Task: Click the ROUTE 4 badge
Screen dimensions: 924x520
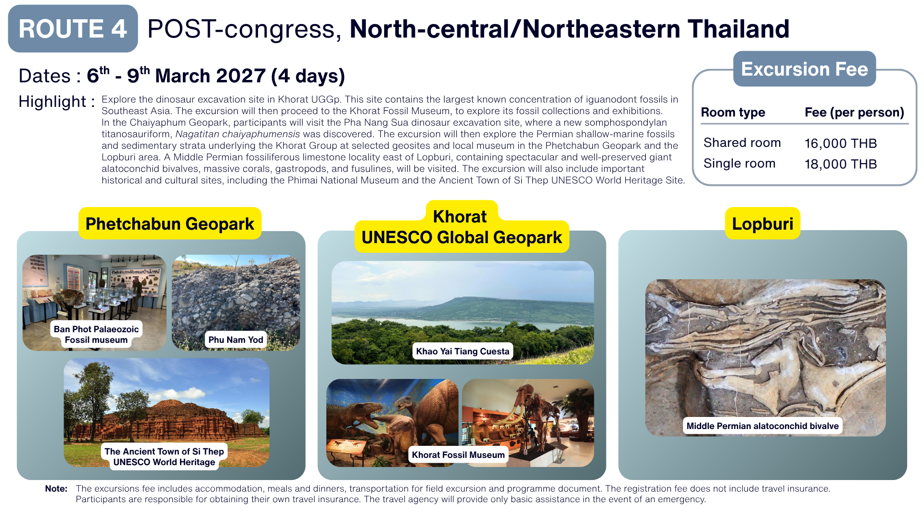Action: [73, 28]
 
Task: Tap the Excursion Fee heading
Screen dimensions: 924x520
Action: [804, 69]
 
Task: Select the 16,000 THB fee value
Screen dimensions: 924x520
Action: [841, 143]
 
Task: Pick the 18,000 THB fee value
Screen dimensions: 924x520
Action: [841, 164]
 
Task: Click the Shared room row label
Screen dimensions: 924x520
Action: [742, 143]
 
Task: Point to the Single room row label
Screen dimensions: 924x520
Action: [739, 163]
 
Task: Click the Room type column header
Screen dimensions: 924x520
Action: [733, 112]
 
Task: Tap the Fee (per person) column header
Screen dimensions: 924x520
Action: [854, 112]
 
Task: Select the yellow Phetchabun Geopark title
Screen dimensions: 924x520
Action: [170, 223]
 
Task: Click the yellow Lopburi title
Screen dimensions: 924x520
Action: [762, 223]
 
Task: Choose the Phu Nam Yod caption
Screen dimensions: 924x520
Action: [236, 339]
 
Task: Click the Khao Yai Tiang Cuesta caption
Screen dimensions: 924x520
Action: [462, 351]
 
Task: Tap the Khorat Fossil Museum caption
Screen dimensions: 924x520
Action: [458, 455]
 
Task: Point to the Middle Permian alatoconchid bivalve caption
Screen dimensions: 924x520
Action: [762, 426]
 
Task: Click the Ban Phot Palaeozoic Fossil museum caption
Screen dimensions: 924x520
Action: [96, 334]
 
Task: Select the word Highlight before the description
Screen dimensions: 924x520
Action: [52, 102]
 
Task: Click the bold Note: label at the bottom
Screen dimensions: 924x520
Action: [56, 488]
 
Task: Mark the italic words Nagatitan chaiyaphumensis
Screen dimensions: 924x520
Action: [238, 134]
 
